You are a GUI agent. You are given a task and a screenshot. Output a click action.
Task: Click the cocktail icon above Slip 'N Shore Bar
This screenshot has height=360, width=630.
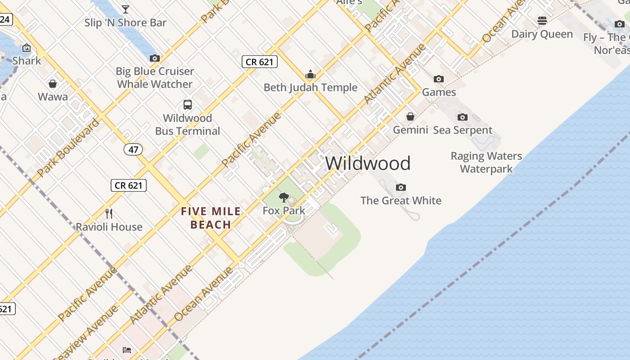click(126, 9)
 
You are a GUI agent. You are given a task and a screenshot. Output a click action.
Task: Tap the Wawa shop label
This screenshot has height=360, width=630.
click(53, 97)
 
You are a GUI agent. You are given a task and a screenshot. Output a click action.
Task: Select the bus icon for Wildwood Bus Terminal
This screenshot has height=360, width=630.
click(188, 105)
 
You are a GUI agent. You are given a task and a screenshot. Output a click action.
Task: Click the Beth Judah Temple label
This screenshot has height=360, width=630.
click(310, 87)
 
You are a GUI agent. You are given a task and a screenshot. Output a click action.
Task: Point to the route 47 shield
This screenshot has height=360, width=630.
click(133, 149)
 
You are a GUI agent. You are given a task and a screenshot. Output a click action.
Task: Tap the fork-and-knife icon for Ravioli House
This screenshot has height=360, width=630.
click(108, 213)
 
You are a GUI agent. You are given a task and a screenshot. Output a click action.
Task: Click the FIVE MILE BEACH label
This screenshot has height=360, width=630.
click(211, 218)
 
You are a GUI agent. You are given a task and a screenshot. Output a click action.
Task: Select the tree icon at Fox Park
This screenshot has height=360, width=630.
click(284, 197)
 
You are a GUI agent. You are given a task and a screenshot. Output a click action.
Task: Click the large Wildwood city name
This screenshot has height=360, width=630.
click(368, 163)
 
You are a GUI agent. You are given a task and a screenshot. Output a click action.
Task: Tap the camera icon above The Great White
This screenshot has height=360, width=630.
click(400, 187)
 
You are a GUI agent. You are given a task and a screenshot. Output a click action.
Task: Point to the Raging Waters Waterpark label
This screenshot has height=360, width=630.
click(486, 162)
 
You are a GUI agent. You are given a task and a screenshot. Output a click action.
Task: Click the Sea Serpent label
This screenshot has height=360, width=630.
click(463, 130)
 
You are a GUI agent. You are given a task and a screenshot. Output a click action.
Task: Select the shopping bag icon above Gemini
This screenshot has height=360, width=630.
click(410, 117)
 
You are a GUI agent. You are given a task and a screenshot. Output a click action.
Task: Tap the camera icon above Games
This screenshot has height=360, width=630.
click(439, 79)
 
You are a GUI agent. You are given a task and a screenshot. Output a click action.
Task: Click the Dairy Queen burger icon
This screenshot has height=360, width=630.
click(542, 21)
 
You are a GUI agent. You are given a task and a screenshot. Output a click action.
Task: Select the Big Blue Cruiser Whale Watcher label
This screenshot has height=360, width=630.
click(155, 77)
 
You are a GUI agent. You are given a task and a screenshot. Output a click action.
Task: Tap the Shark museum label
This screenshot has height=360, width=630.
click(27, 60)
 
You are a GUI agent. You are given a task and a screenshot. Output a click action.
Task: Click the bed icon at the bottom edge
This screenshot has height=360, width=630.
click(127, 350)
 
